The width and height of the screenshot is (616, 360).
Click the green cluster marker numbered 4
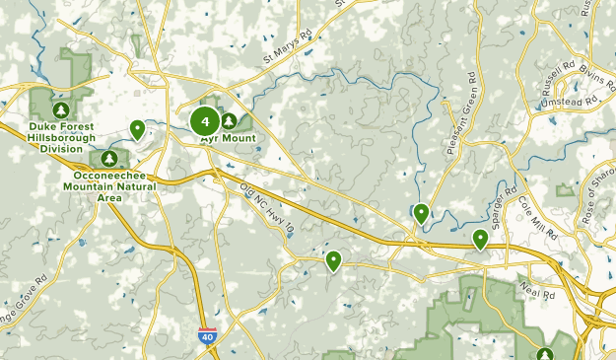[x=205, y=122]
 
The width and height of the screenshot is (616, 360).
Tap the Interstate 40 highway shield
[x=207, y=336]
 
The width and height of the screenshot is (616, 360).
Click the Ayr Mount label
[x=229, y=139]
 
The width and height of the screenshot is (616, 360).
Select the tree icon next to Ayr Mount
[x=229, y=120]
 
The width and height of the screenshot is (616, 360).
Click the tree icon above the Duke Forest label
[x=61, y=108]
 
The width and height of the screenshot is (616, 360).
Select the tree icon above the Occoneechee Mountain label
[x=108, y=158]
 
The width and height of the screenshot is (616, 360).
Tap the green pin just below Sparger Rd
[x=481, y=239]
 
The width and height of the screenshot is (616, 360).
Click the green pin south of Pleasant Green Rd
[x=421, y=212]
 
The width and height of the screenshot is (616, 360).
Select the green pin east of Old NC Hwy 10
[x=334, y=260]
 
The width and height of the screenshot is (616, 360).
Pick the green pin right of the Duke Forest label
[x=138, y=128]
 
